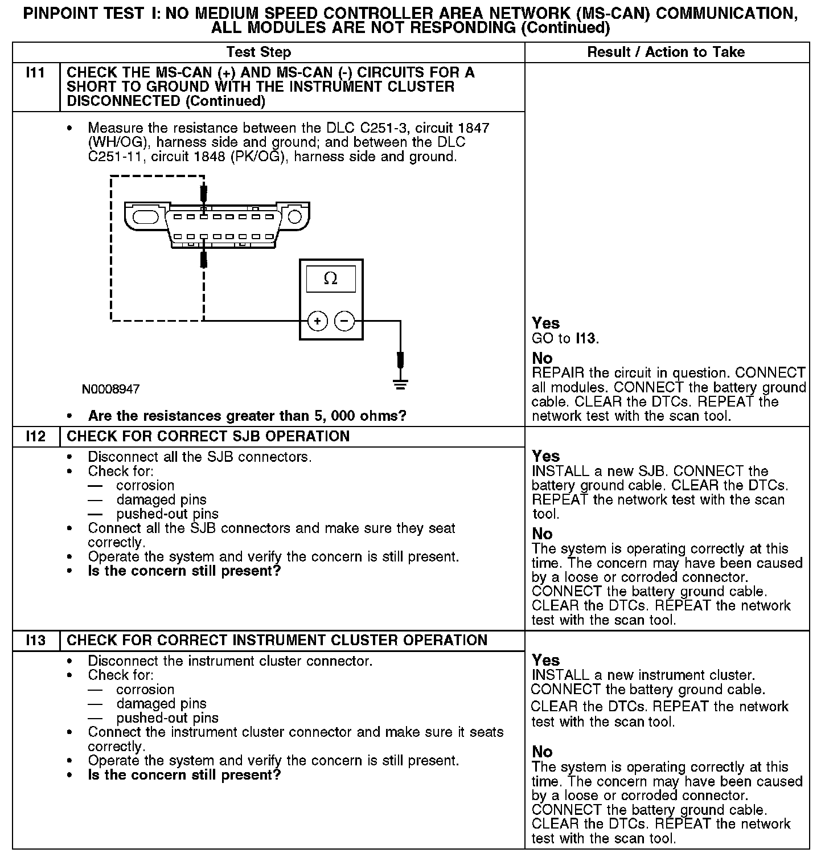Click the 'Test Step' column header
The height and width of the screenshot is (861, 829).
click(258, 52)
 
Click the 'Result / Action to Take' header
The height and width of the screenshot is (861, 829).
click(666, 52)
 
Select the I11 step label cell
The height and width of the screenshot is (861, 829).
click(36, 73)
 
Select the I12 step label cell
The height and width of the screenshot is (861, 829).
click(36, 437)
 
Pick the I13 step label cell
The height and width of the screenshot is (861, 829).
click(36, 641)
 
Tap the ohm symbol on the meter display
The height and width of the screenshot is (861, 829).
click(330, 279)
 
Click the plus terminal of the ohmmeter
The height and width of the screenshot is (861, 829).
click(317, 322)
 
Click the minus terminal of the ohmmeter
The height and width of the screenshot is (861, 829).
click(344, 322)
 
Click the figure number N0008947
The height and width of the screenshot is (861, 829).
click(110, 389)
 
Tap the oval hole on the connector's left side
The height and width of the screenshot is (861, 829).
click(145, 217)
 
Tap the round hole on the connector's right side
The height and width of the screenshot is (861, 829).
click(294, 217)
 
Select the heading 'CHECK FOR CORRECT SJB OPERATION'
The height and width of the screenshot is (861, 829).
click(208, 437)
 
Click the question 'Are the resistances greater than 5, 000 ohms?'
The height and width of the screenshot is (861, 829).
click(247, 416)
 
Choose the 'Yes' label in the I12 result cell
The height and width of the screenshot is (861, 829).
click(546, 456)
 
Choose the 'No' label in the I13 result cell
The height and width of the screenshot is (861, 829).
click(543, 752)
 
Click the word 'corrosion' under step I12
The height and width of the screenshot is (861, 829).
click(145, 486)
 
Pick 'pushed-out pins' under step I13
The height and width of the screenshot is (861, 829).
click(167, 718)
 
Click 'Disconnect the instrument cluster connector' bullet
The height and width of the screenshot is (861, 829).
click(230, 661)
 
